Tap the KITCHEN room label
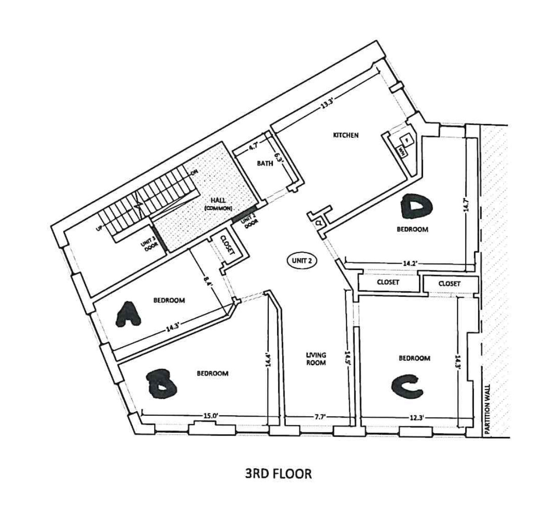[x=345, y=135]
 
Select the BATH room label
[x=265, y=163]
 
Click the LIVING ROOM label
[x=316, y=358]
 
